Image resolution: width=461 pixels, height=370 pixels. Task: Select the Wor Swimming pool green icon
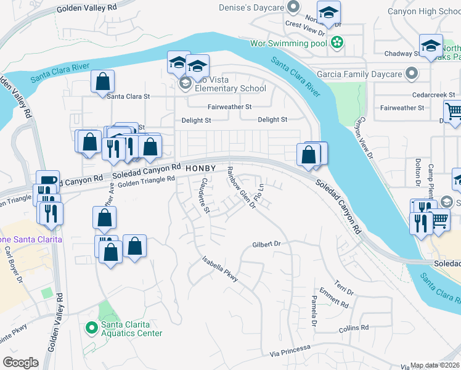click(x=337, y=43)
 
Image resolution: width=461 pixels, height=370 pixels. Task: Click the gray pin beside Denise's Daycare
click(x=295, y=8)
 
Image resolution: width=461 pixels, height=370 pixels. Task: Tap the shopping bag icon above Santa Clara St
click(x=103, y=81)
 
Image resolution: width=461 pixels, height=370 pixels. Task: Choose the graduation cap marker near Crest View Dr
click(x=329, y=13)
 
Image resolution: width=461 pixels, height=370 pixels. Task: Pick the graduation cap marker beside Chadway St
click(x=431, y=46)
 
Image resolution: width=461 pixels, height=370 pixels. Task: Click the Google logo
click(x=20, y=363)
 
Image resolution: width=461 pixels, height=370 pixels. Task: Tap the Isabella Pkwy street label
click(x=220, y=272)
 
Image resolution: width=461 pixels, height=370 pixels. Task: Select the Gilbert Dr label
click(x=266, y=245)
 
